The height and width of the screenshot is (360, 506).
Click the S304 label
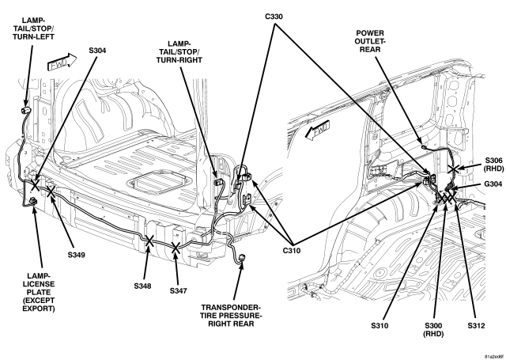click(x=97, y=51)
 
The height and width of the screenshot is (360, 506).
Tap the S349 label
click(x=76, y=255)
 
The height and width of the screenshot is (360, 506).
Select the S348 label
click(x=142, y=286)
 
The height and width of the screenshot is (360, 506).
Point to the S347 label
click(x=179, y=291)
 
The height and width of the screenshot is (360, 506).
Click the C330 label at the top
click(x=274, y=17)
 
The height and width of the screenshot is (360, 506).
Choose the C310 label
click(x=292, y=250)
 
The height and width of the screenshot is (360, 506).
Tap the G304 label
click(x=493, y=184)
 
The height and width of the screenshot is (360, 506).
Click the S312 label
click(x=476, y=326)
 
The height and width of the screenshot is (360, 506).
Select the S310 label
click(x=379, y=326)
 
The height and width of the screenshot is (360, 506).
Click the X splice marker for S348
click(x=149, y=241)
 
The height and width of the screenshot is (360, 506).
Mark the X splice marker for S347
click(x=176, y=248)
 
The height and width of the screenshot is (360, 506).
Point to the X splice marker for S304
click(x=35, y=185)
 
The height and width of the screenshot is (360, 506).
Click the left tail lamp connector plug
click(x=25, y=110)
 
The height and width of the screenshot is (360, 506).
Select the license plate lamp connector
click(x=33, y=202)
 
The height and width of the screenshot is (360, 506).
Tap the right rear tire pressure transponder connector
click(x=241, y=258)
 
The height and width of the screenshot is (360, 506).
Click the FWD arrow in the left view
click(x=62, y=62)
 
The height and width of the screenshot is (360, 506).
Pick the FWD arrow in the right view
click(x=318, y=130)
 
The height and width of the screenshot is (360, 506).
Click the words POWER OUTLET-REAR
click(x=370, y=41)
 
